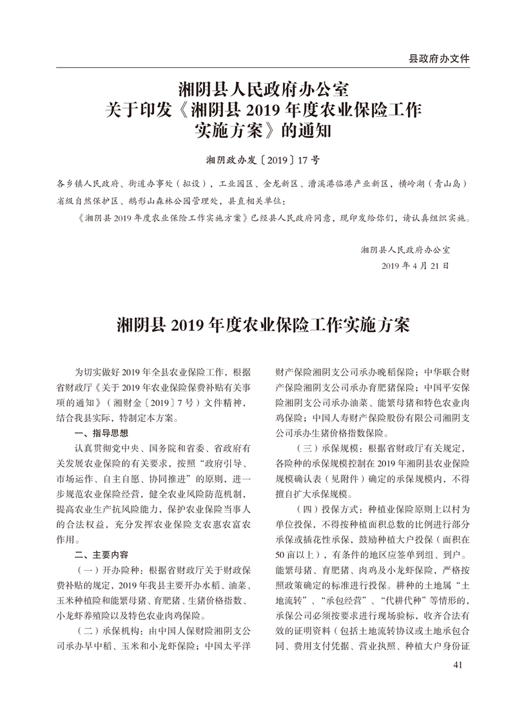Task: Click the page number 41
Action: [458, 665]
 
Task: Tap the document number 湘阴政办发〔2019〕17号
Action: [262, 158]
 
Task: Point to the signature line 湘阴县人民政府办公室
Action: [405, 248]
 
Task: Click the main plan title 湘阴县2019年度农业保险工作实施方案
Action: [262, 325]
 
